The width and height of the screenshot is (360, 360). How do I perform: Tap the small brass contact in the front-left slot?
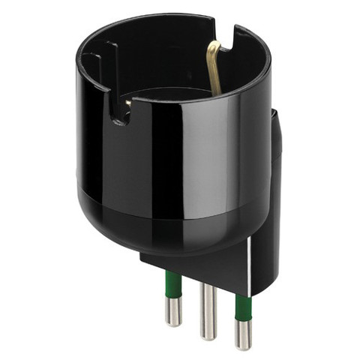pos(128,102)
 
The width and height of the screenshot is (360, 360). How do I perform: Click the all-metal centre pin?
pos(208,307)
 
